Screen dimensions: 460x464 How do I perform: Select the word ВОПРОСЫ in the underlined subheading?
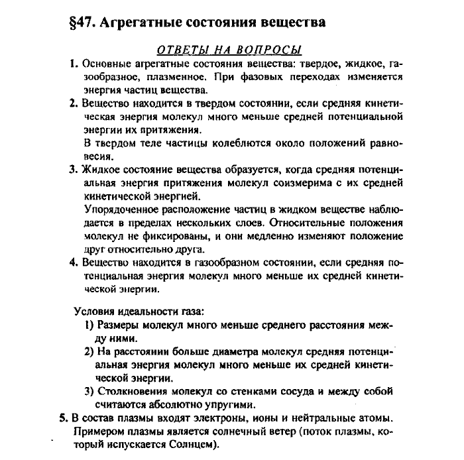click(272, 50)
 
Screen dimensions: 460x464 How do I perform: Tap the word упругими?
click(236, 404)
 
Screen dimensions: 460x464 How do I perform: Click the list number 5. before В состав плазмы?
click(63, 419)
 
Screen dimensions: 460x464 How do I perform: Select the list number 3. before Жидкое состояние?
click(74, 170)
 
